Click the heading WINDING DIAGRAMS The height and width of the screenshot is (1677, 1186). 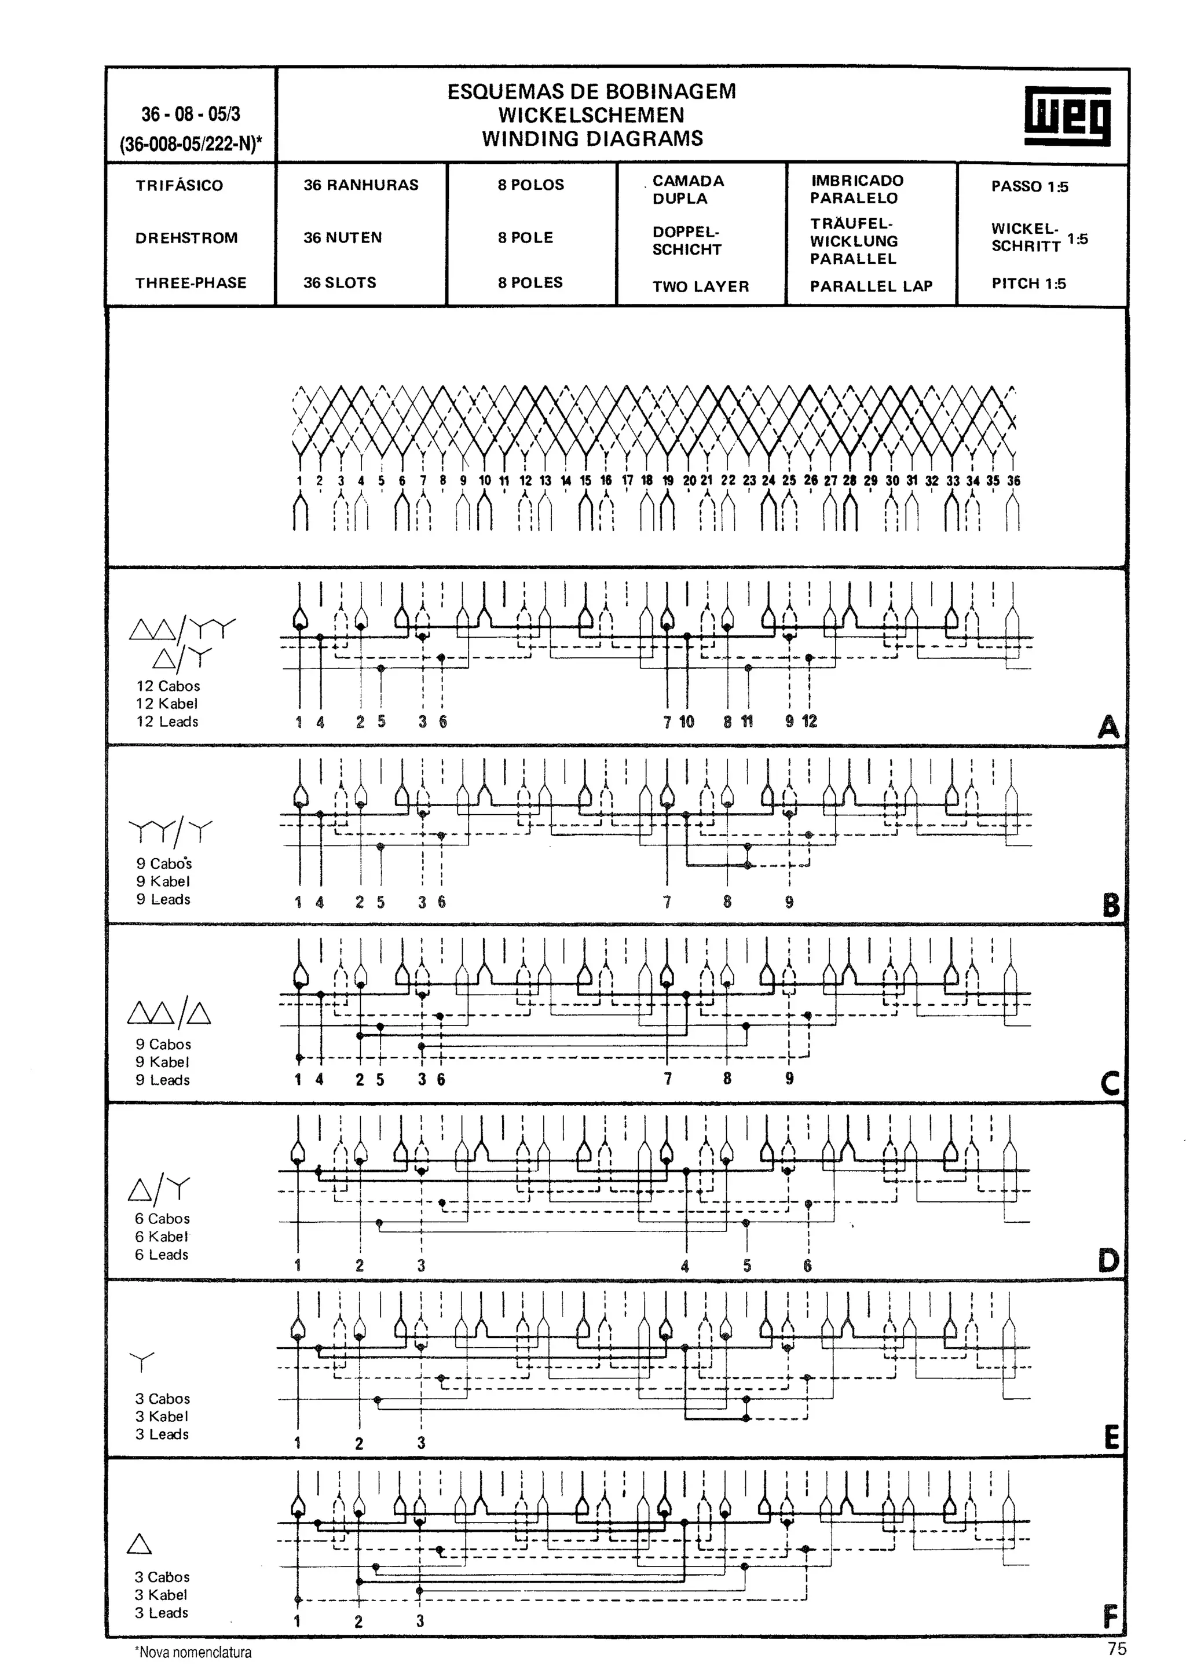(592, 139)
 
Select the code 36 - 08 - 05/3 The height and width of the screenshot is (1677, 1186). (191, 114)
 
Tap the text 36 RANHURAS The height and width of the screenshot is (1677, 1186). (361, 185)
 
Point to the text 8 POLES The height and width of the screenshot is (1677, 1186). (530, 282)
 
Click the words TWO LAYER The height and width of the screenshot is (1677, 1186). (701, 286)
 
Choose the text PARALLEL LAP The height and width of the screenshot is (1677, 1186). (871, 286)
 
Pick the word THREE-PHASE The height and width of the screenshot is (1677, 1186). (191, 282)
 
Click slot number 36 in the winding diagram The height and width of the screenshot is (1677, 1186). (1013, 481)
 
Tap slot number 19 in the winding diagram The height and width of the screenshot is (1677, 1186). (667, 481)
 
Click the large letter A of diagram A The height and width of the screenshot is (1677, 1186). (1108, 727)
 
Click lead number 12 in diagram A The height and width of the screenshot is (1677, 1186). (809, 722)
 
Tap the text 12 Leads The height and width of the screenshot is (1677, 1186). (167, 722)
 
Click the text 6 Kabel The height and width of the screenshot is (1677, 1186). (162, 1237)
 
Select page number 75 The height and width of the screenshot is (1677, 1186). (1117, 1649)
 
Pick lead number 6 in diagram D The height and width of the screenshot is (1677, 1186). (807, 1266)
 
